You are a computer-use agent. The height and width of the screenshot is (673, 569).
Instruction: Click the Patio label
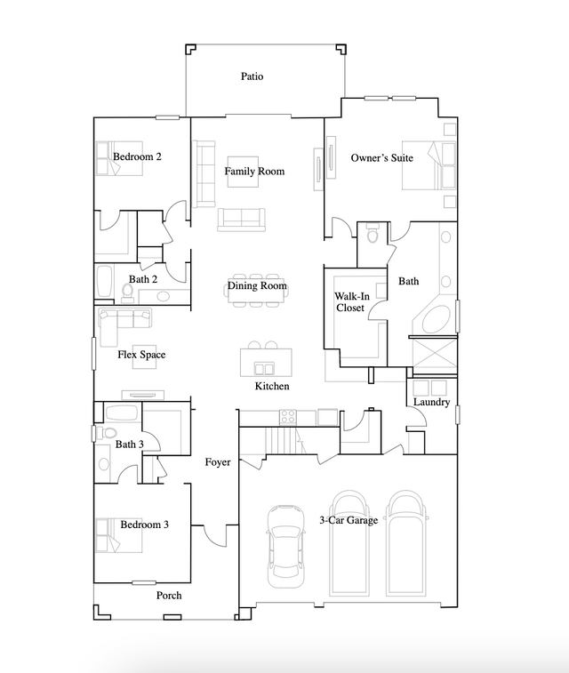click(x=252, y=76)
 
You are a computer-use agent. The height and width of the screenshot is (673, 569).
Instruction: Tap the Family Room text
click(x=254, y=171)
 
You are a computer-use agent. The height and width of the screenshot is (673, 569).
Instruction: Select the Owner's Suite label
click(x=381, y=158)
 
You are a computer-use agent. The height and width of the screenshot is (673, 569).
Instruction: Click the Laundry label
click(x=431, y=403)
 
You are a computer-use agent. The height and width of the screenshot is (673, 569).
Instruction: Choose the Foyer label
click(x=218, y=462)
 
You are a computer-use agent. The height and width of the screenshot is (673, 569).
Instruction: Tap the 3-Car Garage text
click(x=349, y=520)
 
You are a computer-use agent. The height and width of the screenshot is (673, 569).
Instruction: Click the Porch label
click(x=169, y=595)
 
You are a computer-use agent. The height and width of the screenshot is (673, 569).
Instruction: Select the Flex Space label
click(x=141, y=355)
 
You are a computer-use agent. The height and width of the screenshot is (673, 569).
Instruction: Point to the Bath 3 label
click(x=129, y=444)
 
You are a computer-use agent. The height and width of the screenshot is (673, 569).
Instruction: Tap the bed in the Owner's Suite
click(x=428, y=166)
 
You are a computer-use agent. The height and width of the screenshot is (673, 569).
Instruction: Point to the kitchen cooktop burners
click(x=288, y=416)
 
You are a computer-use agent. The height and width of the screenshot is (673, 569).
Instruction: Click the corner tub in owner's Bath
click(x=436, y=319)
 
